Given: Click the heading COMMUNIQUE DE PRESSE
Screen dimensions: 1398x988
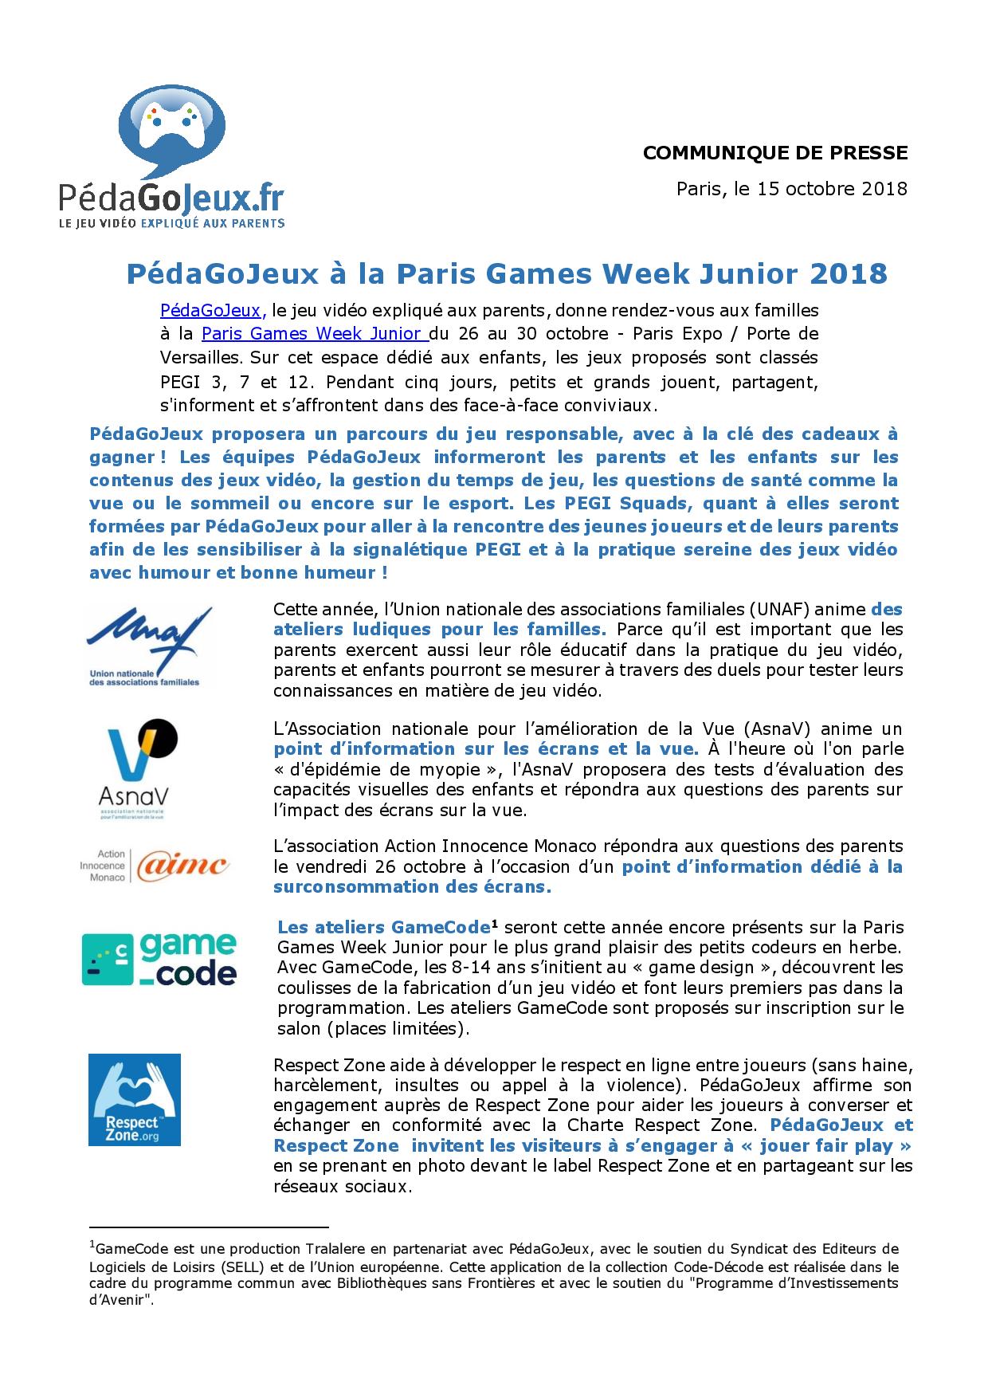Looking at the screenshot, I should pyautogui.click(x=774, y=152).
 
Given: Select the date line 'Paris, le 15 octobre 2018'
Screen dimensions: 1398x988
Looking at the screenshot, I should pyautogui.click(x=791, y=189).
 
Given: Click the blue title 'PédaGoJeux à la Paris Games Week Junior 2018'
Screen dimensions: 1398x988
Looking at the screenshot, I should pyautogui.click(x=507, y=273).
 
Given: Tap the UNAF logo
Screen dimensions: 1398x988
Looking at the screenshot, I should pyautogui.click(x=148, y=646).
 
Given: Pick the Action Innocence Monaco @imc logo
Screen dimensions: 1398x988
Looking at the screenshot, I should pyautogui.click(x=155, y=866).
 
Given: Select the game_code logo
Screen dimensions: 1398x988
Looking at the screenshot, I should pyautogui.click(x=160, y=959).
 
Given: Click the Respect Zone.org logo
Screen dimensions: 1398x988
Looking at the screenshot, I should pyautogui.click(x=134, y=1100).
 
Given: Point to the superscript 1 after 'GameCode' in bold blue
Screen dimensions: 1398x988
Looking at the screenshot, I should pyautogui.click(x=494, y=924).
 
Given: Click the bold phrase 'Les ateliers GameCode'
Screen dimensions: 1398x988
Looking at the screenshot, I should pyautogui.click(x=382, y=928).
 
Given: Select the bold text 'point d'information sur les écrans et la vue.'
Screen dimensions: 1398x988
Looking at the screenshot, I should pyautogui.click(x=486, y=748).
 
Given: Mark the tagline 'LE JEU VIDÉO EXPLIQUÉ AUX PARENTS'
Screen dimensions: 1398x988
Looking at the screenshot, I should pyautogui.click(x=171, y=224).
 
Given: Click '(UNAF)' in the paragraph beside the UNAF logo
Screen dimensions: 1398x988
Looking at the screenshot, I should pyautogui.click(x=785, y=609).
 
